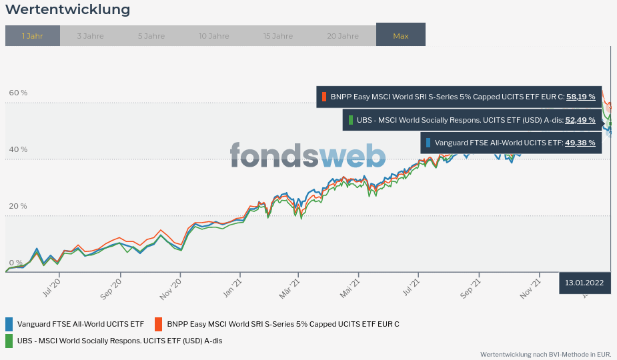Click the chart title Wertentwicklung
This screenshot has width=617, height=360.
67,10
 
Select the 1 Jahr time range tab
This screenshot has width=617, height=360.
32,36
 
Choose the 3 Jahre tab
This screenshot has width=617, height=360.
90,36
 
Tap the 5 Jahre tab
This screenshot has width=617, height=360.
151,36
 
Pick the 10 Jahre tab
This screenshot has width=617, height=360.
213,36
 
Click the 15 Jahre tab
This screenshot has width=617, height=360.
277,36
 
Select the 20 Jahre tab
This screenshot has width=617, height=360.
343,36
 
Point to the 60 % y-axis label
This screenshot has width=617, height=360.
18,93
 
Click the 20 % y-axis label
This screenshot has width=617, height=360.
18,206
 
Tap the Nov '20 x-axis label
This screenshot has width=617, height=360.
171,288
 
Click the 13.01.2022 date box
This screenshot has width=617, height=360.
584,283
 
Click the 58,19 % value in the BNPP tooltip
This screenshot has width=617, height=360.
580,97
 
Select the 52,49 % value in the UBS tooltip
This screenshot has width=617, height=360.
580,121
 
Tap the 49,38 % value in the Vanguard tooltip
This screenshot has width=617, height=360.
580,143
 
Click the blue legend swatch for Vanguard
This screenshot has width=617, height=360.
9,324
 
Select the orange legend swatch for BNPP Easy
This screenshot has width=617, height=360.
159,324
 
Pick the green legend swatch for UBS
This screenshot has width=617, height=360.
9,341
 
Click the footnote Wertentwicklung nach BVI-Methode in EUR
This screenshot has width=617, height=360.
545,355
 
